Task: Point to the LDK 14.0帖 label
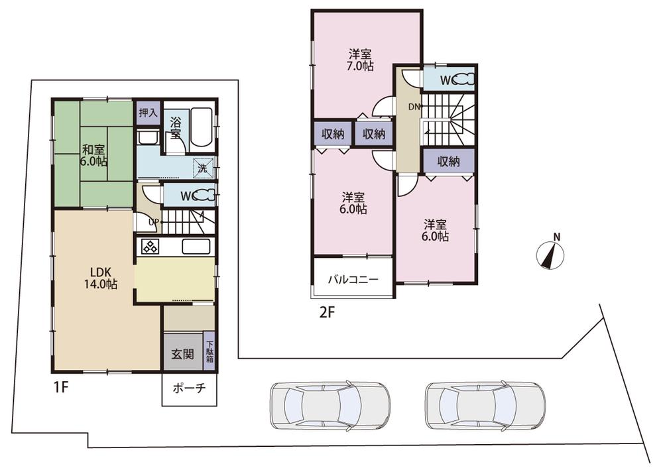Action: (x=101, y=278)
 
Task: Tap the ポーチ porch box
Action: (x=189, y=389)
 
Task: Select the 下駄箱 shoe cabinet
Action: (x=210, y=351)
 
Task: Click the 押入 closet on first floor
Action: (x=148, y=113)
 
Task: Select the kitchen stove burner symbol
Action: (x=149, y=247)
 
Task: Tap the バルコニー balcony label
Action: (x=353, y=280)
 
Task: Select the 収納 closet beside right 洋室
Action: (x=449, y=161)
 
